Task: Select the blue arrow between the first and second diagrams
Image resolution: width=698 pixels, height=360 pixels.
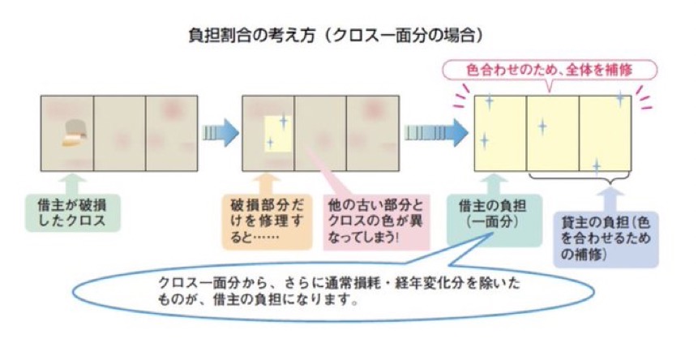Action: click(220, 131)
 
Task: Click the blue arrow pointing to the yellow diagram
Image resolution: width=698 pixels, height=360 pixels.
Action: click(435, 132)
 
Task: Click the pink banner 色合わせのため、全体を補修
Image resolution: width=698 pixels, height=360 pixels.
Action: click(550, 70)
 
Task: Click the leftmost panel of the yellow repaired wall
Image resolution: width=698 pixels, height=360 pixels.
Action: click(500, 132)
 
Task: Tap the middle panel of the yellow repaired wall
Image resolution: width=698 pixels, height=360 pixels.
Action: click(552, 132)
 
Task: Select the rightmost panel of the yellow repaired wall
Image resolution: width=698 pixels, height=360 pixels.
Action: click(604, 132)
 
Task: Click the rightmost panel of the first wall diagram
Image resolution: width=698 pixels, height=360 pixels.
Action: click(171, 132)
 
